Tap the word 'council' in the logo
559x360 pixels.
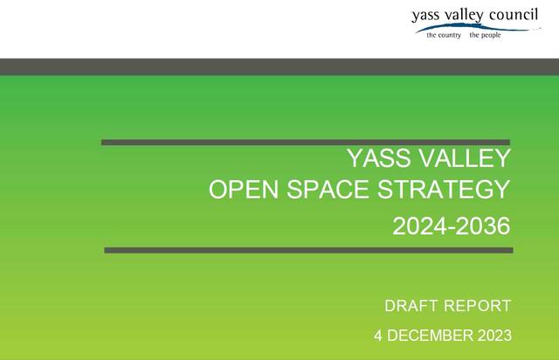[514, 15]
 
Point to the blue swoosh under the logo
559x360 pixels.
[477, 28]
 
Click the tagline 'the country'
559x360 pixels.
[444, 35]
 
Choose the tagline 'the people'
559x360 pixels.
[485, 35]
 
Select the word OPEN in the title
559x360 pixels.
[244, 189]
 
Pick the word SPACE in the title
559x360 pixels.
[328, 189]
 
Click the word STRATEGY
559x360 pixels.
[444, 189]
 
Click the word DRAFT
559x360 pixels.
[411, 306]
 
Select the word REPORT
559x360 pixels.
[478, 306]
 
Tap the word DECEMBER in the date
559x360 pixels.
[430, 336]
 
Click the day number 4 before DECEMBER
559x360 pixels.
[378, 336]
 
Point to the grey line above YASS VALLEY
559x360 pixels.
[306, 142]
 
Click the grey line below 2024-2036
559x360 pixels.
[308, 250]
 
